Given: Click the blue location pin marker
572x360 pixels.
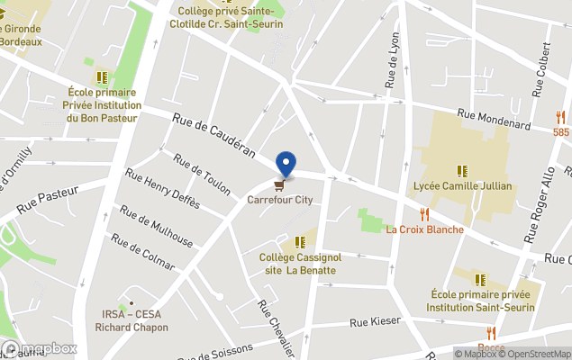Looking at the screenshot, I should (x=286, y=164).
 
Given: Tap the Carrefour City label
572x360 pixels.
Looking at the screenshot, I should (x=280, y=200).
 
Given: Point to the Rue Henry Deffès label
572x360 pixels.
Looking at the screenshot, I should (x=162, y=189).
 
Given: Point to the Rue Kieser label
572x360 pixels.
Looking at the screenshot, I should (x=374, y=321).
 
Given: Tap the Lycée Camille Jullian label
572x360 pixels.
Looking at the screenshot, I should (x=462, y=186).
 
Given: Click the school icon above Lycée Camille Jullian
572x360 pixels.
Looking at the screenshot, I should (x=462, y=170).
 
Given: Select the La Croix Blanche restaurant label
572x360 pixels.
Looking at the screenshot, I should (x=424, y=229).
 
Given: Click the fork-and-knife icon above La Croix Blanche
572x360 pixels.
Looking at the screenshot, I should (x=423, y=214).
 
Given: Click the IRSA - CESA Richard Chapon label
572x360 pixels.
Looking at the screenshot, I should (x=132, y=321).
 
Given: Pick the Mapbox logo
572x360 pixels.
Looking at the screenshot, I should (x=40, y=349).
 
